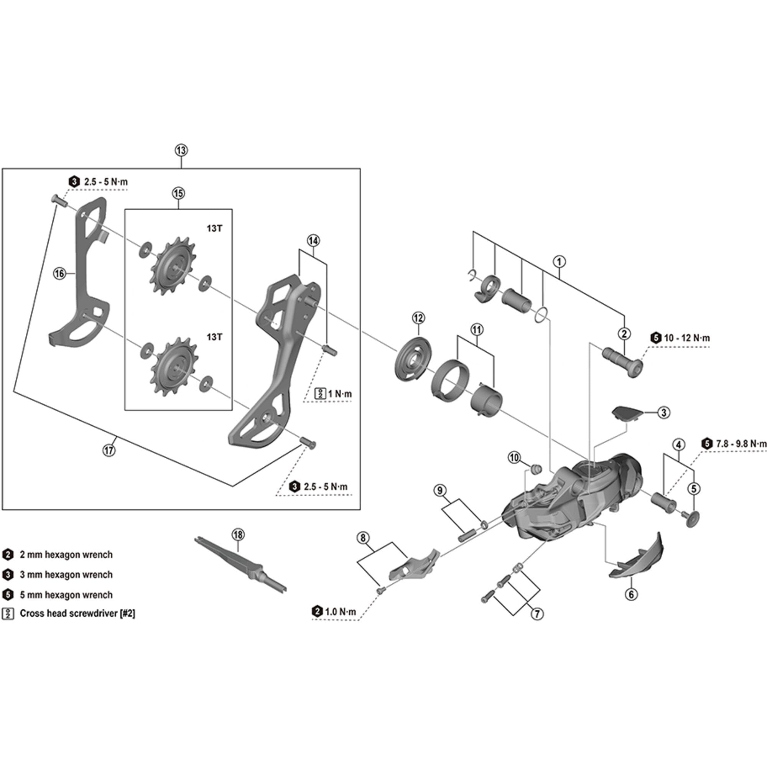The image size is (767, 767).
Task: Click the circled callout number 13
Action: [181, 150]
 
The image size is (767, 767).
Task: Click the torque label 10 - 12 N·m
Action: [687, 338]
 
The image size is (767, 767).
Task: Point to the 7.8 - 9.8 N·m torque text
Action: [741, 444]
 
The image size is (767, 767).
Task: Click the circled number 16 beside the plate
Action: [59, 273]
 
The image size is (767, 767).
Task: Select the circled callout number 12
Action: [418, 318]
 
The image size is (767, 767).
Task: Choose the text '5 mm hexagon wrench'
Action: [66, 595]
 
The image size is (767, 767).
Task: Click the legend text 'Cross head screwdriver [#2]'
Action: [77, 613]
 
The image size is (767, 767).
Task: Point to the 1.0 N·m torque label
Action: [340, 612]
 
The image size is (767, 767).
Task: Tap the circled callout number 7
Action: [537, 614]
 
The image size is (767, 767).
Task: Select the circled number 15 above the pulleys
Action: [178, 193]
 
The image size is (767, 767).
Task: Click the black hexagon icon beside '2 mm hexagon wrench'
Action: [8, 555]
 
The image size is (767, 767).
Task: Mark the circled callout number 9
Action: [439, 491]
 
